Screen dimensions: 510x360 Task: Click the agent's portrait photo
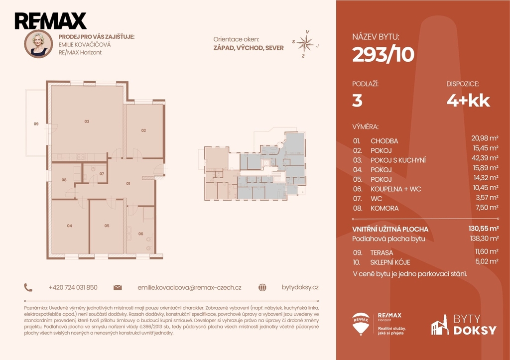pos(38,44)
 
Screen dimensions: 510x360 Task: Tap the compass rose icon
pos(305,44)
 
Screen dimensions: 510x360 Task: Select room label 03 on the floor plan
pos(87,121)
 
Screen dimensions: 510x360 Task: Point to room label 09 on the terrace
pos(36,123)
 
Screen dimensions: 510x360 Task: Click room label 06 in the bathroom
pos(140,234)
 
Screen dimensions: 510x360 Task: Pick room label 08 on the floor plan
pos(64,180)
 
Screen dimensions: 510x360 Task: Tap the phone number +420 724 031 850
pos(73,287)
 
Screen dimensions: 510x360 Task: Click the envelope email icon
pos(118,287)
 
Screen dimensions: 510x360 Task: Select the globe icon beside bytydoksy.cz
pos(262,287)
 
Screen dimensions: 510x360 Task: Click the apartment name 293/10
pos(383,54)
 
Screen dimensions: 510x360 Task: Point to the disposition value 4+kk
pos(468,101)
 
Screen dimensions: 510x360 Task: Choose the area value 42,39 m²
pos(485,158)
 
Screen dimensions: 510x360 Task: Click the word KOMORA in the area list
pos(384,208)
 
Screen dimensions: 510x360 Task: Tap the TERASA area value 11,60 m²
pos(487,251)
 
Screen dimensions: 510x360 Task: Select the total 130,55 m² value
pos(484,229)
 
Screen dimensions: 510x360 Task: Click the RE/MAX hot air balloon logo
pos(361,324)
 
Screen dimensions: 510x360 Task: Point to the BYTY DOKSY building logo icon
pos(440,325)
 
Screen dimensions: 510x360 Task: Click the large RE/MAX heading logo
pos(50,21)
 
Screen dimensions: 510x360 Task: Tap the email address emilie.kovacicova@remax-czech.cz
pos(189,287)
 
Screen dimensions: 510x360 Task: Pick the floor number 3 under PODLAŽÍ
pos(357,101)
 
